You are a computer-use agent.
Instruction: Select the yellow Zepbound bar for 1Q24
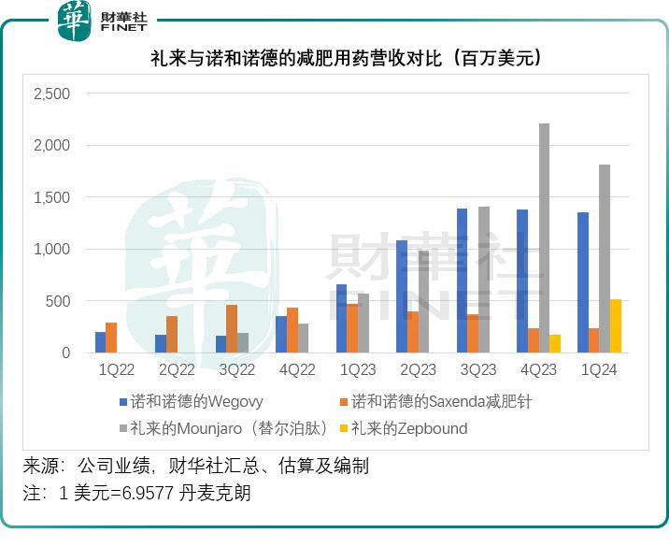click(x=616, y=325)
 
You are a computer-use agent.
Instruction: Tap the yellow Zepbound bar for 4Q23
click(x=555, y=343)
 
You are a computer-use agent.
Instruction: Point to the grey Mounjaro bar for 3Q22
click(x=243, y=342)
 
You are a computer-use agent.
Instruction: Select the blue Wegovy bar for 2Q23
click(x=402, y=296)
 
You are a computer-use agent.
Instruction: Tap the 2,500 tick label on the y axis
click(x=51, y=94)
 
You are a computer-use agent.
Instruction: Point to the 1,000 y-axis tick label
click(x=51, y=250)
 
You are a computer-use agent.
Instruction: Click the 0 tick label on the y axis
click(x=65, y=353)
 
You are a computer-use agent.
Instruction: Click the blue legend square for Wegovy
click(x=122, y=402)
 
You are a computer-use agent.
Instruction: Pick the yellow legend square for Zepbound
click(x=343, y=429)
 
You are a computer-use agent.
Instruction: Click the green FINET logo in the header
click(x=74, y=22)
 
